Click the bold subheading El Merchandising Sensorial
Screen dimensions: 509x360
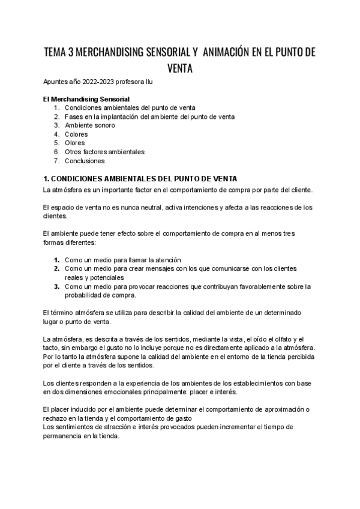click(86, 99)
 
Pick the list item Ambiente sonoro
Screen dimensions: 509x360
click(90, 125)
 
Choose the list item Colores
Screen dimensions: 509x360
click(76, 134)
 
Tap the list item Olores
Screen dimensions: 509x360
click(75, 143)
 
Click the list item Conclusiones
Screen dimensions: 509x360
click(85, 161)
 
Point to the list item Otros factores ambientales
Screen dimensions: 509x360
click(104, 152)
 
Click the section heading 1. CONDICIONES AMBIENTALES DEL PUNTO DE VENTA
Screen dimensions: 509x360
click(141, 179)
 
